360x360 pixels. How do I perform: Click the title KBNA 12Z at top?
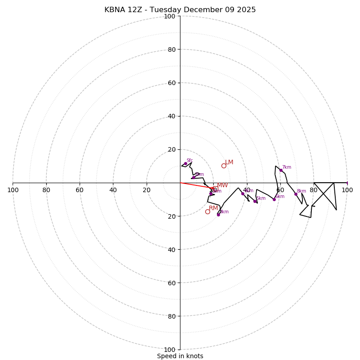click(x=180, y=10)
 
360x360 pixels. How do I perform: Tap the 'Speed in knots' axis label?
click(x=180, y=356)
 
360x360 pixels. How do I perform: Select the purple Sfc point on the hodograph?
click(x=185, y=163)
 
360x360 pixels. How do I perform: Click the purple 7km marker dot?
click(x=281, y=170)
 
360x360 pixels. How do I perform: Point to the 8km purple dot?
click(x=296, y=194)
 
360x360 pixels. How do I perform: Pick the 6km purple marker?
click(x=274, y=199)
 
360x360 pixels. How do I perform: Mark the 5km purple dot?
click(x=255, y=201)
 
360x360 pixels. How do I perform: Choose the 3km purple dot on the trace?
click(x=218, y=215)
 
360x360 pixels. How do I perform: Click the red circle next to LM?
click(x=224, y=166)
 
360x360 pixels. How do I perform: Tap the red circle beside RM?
click(x=207, y=211)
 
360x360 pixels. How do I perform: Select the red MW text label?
click(x=222, y=185)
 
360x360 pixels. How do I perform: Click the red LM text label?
click(x=229, y=162)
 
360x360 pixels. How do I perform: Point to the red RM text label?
click(x=213, y=208)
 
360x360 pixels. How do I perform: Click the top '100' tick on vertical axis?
click(x=170, y=16)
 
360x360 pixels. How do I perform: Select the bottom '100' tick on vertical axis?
click(x=170, y=349)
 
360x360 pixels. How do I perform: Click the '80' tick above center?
click(x=171, y=49)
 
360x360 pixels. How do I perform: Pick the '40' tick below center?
click(x=171, y=249)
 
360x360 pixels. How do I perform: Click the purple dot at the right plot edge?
click(x=347, y=183)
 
